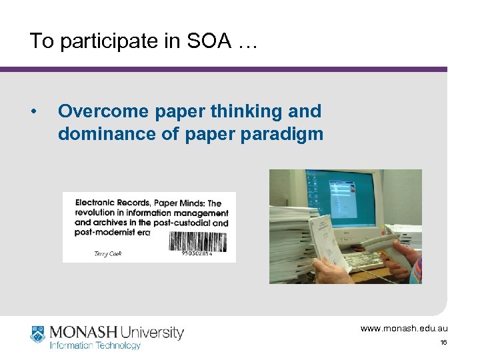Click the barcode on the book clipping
(x=198, y=241)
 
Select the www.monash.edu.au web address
(x=404, y=328)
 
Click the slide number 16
(x=443, y=342)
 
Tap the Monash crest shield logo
(x=37, y=334)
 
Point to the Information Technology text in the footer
(x=95, y=345)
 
